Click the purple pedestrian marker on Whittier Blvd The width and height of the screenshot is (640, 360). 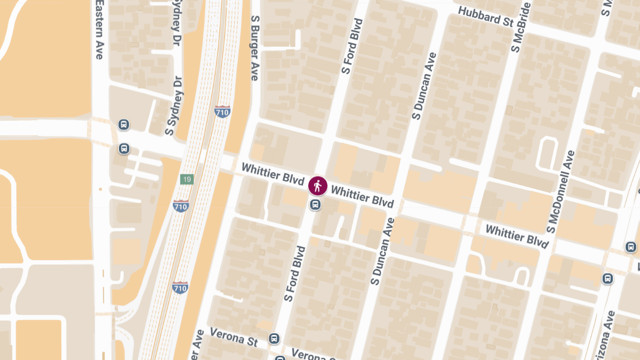pos(318,186)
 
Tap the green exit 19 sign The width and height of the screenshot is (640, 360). pos(186,179)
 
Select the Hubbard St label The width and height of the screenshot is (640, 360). pos(485,17)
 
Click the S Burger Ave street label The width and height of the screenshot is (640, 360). pos(255,48)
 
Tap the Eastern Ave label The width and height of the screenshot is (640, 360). pos(99,29)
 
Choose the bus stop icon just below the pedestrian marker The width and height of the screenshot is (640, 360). pos(316,204)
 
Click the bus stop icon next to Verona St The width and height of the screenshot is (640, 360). pos(274,338)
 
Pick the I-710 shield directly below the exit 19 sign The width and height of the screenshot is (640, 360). pos(181,205)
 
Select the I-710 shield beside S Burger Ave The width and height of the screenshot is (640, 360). pos(222,111)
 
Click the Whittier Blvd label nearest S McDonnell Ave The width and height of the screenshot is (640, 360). pos(517,237)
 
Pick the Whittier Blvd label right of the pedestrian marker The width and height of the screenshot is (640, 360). pos(362,196)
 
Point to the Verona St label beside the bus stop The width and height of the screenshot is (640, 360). pos(234,338)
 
